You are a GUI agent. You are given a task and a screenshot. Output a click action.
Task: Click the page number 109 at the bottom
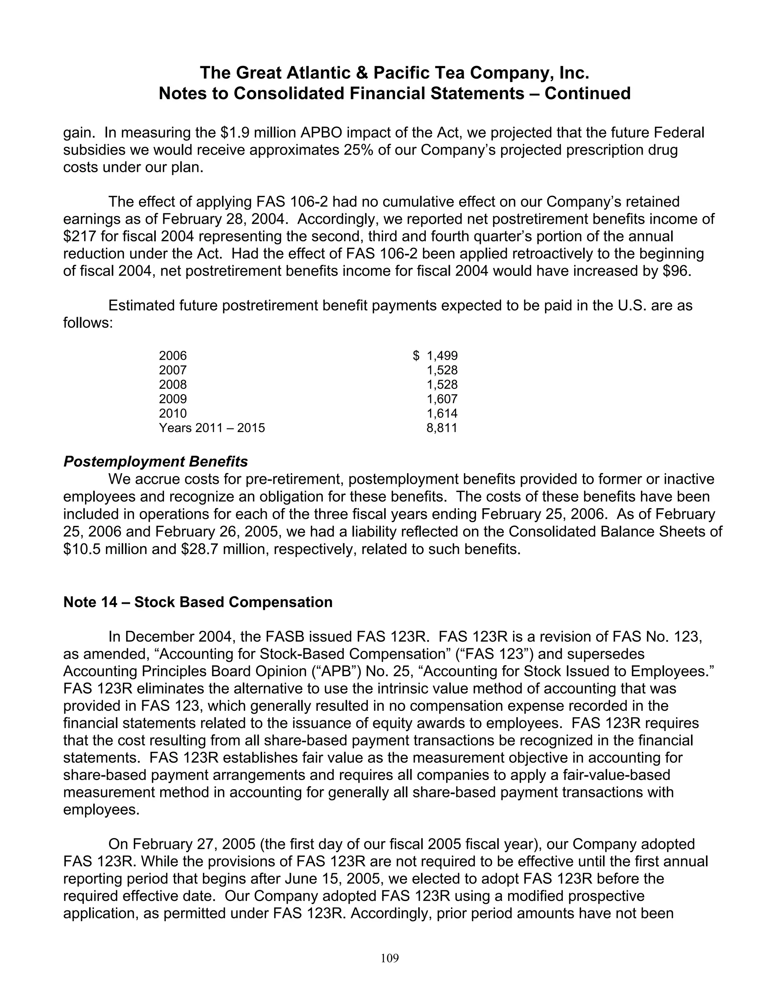click(x=389, y=958)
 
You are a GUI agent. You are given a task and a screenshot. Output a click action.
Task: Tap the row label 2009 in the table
click(x=173, y=399)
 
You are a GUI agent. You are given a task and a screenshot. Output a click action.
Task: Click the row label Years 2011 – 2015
click(x=212, y=428)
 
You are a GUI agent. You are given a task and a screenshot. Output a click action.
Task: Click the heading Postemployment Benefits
click(x=155, y=462)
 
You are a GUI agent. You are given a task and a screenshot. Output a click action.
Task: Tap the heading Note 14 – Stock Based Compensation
click(x=198, y=602)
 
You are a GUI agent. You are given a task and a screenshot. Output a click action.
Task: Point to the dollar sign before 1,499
click(x=416, y=356)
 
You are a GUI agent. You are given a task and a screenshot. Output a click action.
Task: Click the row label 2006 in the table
click(x=173, y=356)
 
